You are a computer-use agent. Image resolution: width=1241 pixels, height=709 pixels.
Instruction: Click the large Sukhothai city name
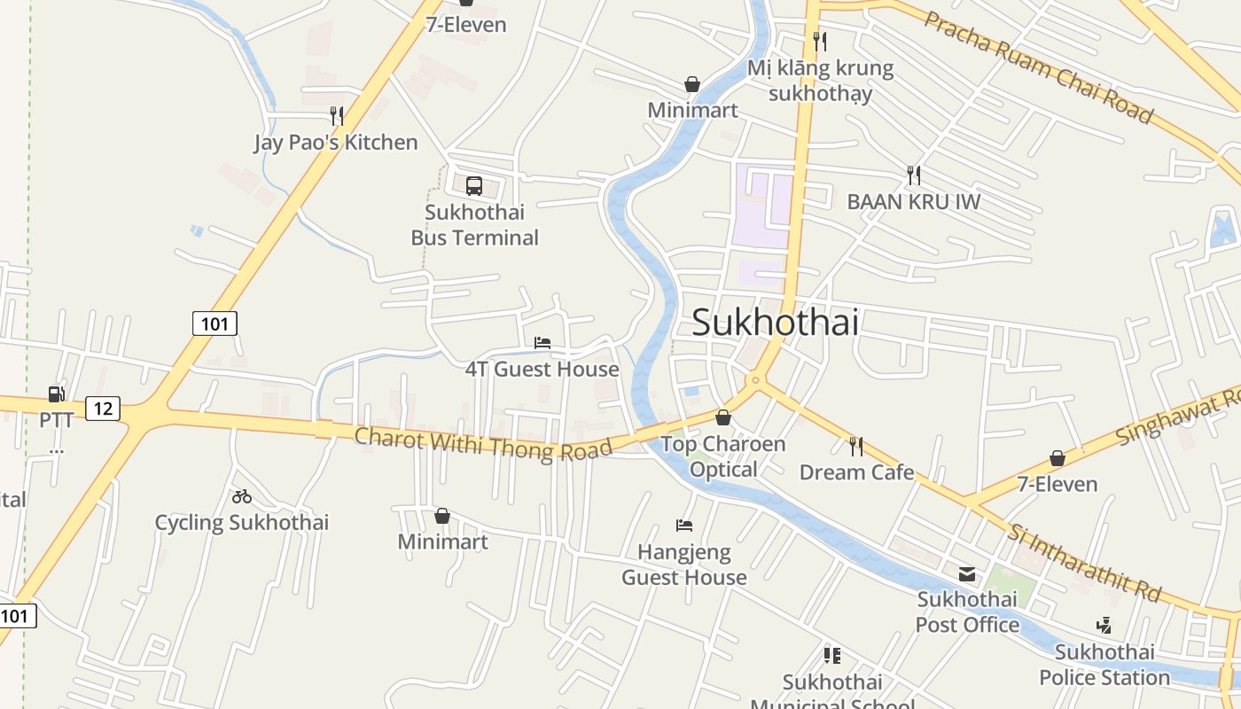775,322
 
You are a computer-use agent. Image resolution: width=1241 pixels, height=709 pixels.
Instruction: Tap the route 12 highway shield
103,409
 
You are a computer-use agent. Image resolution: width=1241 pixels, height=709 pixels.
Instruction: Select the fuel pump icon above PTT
56,393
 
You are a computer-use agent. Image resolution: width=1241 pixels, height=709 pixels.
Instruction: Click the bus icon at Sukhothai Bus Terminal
474,186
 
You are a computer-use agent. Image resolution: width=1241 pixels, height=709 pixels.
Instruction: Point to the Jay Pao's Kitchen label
335,142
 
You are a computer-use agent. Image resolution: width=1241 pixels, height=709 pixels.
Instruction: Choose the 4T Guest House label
542,369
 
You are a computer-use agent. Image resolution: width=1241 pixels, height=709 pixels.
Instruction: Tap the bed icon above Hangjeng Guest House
684,525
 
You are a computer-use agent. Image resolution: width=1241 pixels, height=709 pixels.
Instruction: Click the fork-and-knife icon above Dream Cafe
856,446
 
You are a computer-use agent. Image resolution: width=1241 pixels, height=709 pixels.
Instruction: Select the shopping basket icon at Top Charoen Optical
723,417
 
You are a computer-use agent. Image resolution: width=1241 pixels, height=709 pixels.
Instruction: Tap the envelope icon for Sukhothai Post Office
966,574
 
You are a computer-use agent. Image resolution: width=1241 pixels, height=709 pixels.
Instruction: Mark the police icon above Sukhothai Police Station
1104,626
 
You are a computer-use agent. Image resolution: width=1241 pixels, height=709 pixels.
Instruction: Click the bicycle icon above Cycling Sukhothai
242,496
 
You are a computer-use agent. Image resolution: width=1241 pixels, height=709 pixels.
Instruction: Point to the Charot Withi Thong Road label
483,443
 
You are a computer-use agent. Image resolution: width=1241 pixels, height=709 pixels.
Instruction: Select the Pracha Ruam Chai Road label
1038,67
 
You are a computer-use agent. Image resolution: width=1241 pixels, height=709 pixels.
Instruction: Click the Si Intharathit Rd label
1083,563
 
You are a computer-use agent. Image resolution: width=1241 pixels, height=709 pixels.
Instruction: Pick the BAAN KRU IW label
913,202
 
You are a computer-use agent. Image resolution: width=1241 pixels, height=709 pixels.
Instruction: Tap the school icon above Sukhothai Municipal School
831,656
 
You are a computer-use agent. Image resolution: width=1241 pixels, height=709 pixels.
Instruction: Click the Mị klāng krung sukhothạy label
820,80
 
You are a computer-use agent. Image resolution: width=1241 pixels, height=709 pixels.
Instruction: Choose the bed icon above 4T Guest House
542,343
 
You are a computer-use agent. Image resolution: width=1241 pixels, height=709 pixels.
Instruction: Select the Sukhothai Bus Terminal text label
474,225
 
